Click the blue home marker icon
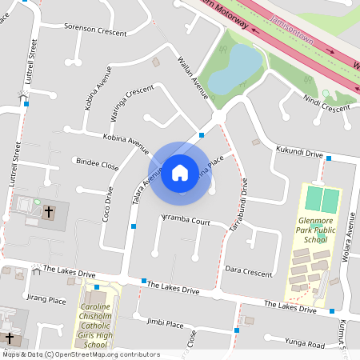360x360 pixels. click(180, 172)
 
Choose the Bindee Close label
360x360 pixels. click(97, 166)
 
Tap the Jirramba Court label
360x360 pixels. click(185, 219)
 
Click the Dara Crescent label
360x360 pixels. click(249, 272)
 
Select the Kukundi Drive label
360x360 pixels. click(298, 152)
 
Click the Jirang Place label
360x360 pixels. click(46, 300)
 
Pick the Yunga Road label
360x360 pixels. click(304, 345)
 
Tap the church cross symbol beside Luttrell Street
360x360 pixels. click(49, 212)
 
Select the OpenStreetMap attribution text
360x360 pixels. click(81, 354)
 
